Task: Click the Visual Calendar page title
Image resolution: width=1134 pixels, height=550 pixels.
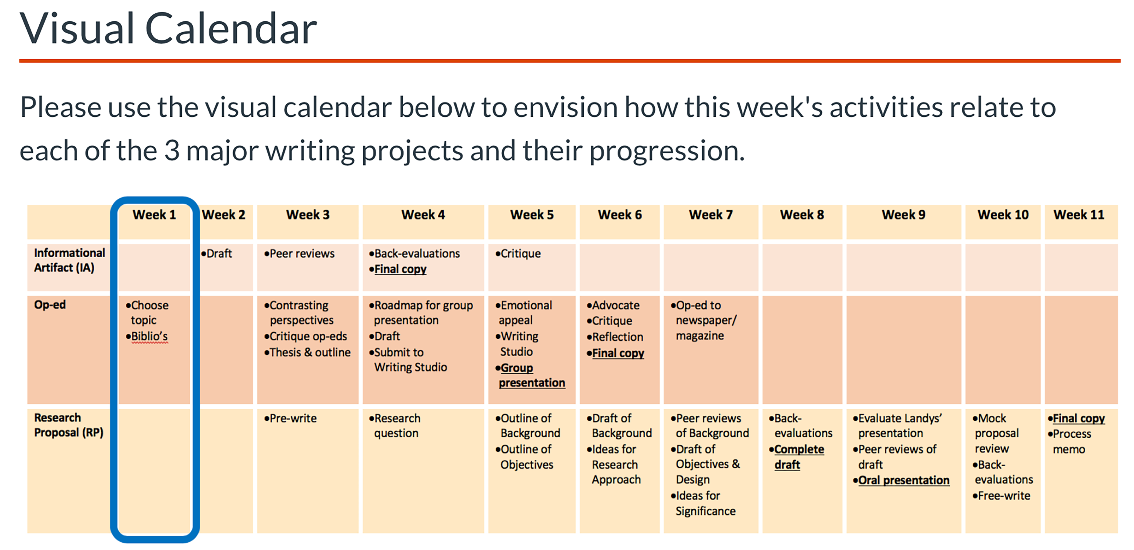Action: (x=168, y=29)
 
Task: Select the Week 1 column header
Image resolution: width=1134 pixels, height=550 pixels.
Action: (x=154, y=215)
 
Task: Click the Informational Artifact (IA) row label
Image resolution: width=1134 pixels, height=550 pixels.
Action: (x=69, y=260)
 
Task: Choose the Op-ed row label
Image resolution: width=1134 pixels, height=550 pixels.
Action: (x=50, y=305)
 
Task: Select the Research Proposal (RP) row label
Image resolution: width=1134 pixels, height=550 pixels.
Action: (x=69, y=425)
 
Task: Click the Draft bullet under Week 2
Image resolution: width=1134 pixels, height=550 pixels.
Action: (x=217, y=254)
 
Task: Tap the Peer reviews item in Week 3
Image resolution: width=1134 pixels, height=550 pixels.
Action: (x=299, y=254)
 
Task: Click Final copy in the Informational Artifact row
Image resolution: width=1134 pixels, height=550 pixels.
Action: (x=398, y=269)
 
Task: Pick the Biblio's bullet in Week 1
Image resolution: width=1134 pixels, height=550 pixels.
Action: (x=147, y=337)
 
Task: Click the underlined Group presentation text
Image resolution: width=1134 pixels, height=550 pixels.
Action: (x=530, y=375)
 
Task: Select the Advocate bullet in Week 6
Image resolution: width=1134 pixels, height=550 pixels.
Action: (x=613, y=305)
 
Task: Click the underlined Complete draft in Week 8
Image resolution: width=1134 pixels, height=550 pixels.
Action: (x=796, y=457)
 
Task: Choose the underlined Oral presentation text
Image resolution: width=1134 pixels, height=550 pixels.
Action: (x=901, y=481)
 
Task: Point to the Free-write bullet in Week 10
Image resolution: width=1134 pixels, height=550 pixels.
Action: (x=1001, y=496)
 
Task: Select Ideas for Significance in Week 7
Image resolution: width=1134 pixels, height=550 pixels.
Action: (x=703, y=503)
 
